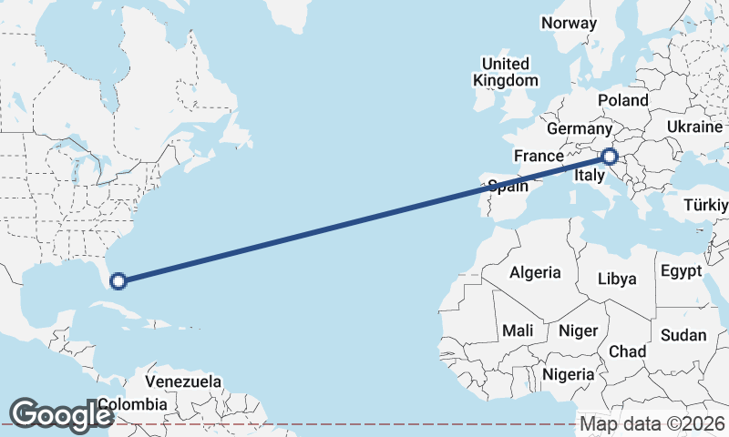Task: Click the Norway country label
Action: pyautogui.click(x=569, y=23)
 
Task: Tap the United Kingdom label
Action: pyautogui.click(x=505, y=72)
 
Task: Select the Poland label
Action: pyautogui.click(x=623, y=100)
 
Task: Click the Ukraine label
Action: pyautogui.click(x=695, y=127)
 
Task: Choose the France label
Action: pyautogui.click(x=539, y=156)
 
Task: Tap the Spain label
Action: pyautogui.click(x=509, y=187)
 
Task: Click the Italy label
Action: pyautogui.click(x=590, y=175)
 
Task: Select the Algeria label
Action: pyautogui.click(x=534, y=272)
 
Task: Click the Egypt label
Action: pyautogui.click(x=681, y=271)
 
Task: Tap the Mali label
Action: pyautogui.click(x=518, y=330)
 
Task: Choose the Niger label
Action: pyautogui.click(x=576, y=330)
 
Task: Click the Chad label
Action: pyautogui.click(x=627, y=351)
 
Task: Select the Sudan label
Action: pyautogui.click(x=683, y=335)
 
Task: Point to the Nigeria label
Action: pyautogui.click(x=569, y=373)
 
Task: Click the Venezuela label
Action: pyautogui.click(x=183, y=380)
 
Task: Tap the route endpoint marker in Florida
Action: pyautogui.click(x=118, y=280)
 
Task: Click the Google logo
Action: pyautogui.click(x=62, y=415)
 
